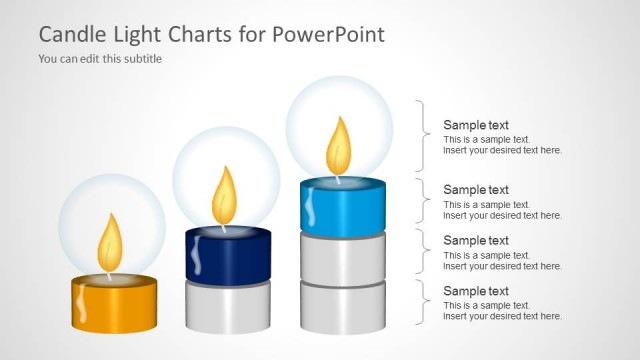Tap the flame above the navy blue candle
click(x=224, y=195)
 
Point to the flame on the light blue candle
click(x=339, y=145)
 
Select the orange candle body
click(x=114, y=305)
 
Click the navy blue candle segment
click(x=229, y=256)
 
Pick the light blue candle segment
click(x=344, y=207)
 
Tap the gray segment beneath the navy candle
click(x=229, y=306)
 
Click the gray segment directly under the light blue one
click(x=344, y=259)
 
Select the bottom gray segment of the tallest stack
click(x=344, y=308)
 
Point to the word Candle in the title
click(x=72, y=35)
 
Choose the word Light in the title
click(x=139, y=35)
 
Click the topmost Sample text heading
click(x=476, y=125)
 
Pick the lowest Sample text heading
click(x=476, y=291)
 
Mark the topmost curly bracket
click(x=425, y=136)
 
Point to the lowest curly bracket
click(x=425, y=302)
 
